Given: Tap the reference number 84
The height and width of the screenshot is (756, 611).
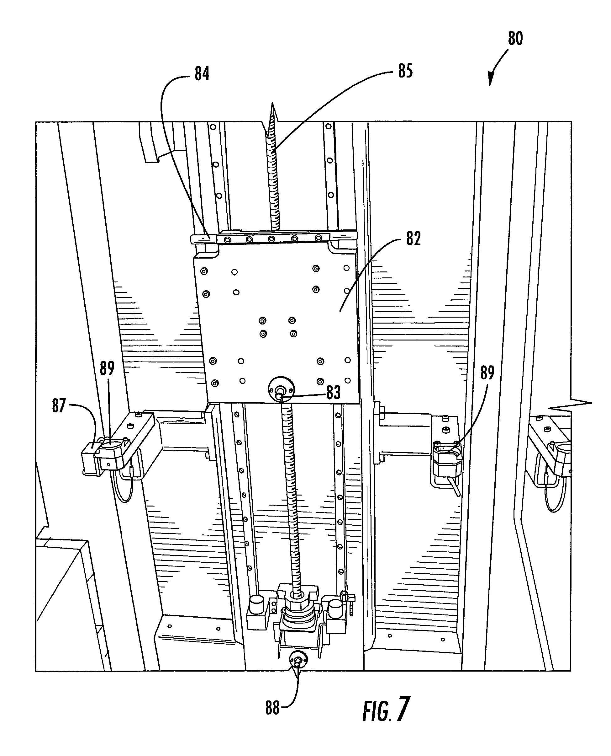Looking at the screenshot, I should pyautogui.click(x=202, y=74).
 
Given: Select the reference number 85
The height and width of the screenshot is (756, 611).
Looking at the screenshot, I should pyautogui.click(x=405, y=71).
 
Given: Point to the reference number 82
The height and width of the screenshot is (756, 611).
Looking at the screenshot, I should pyautogui.click(x=413, y=239).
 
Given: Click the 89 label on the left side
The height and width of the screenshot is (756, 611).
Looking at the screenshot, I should pyautogui.click(x=107, y=368).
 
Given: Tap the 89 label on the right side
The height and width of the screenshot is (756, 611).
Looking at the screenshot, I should pyautogui.click(x=487, y=373).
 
